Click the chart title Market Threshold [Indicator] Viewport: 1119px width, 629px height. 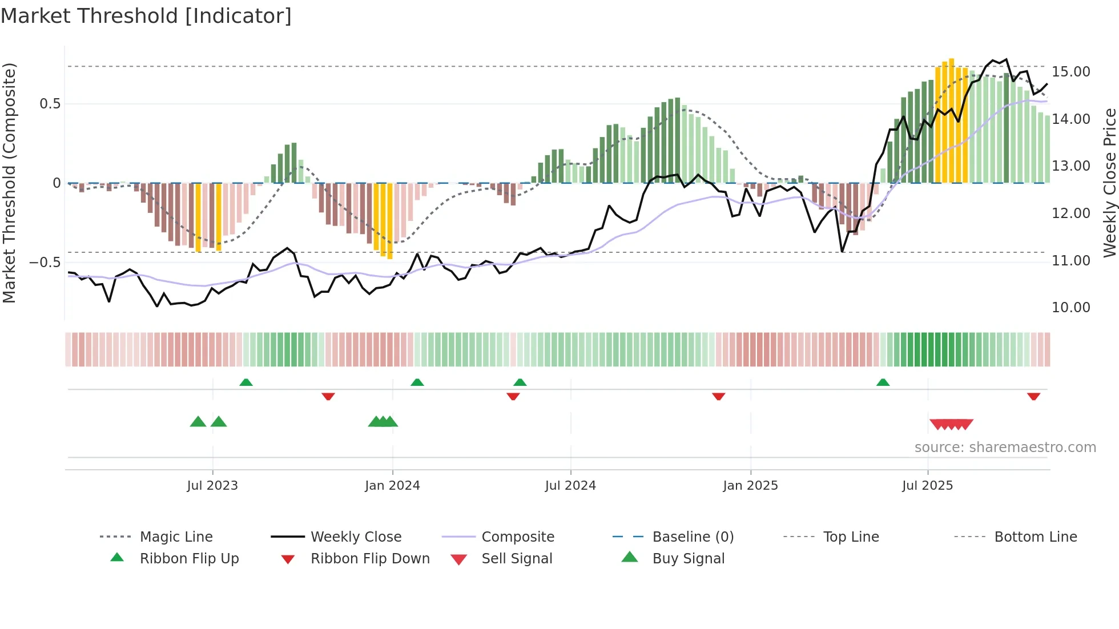pyautogui.click(x=146, y=16)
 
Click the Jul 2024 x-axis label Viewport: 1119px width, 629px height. pyautogui.click(x=570, y=486)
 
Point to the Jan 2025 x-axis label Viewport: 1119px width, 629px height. pyautogui.click(x=750, y=486)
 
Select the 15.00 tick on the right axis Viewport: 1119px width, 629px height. pyautogui.click(x=1070, y=72)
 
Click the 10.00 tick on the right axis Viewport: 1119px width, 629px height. pyautogui.click(x=1070, y=308)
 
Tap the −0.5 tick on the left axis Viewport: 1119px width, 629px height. pyautogui.click(x=45, y=263)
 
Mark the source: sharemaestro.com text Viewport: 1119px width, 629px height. pyautogui.click(x=1005, y=447)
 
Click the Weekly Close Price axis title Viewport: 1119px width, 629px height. pyautogui.click(x=1109, y=183)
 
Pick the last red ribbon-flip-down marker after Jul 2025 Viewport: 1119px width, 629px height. pyautogui.click(x=1033, y=396)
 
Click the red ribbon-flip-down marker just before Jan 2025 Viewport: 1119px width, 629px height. pyautogui.click(x=718, y=396)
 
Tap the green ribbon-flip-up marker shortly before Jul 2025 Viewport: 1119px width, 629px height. pyautogui.click(x=883, y=382)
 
